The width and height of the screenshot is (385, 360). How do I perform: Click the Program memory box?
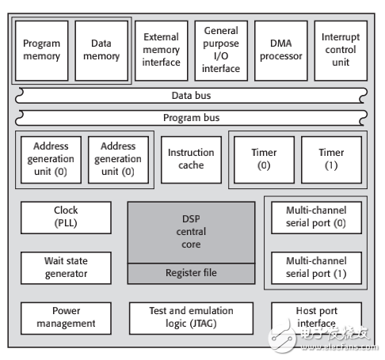41,51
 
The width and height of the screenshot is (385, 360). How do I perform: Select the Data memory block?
101,51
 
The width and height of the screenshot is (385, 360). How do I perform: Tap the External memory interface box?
161,50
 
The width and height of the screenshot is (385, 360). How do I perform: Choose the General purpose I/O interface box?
221,50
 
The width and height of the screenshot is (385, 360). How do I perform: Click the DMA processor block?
281,50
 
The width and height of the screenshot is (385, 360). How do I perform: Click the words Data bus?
191,96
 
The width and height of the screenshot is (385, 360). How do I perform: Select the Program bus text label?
191,117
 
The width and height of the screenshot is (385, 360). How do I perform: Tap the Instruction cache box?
191,159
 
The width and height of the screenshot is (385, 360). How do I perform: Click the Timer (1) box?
331,159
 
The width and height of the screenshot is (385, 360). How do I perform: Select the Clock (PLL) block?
66,217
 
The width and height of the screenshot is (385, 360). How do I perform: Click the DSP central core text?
191,232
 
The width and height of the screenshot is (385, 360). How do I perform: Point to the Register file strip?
191,273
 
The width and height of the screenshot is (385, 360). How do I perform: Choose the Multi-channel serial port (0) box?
316,217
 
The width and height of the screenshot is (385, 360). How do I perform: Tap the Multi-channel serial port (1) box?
316,268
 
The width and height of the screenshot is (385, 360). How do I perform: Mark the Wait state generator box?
66,268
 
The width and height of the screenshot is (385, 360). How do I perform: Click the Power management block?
66,316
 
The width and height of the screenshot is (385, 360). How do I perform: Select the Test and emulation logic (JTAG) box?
191,316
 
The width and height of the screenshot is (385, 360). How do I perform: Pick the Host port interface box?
316,316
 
